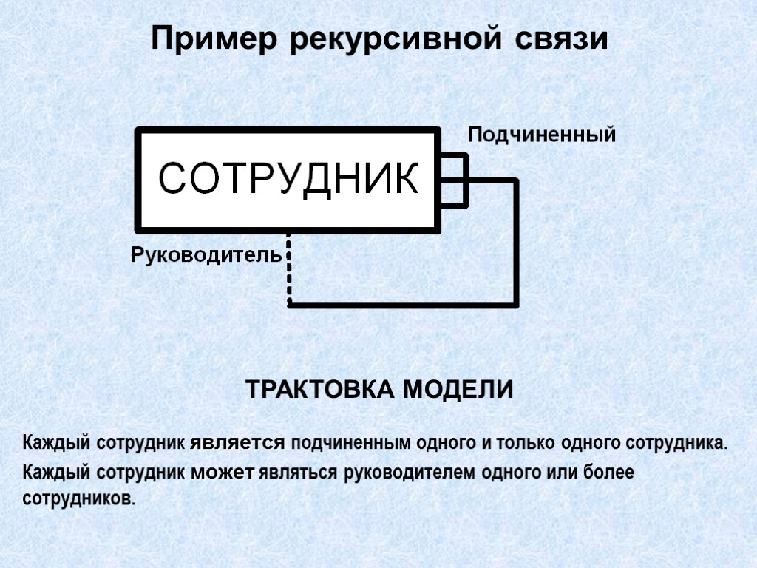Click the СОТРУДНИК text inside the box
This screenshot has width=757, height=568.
tap(289, 178)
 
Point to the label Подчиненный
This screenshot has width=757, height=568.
tap(541, 135)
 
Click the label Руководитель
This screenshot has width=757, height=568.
tap(206, 256)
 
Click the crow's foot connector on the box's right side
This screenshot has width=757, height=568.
tap(455, 180)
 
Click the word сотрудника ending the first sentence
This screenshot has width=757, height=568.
tap(677, 444)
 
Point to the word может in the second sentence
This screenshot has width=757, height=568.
tap(222, 472)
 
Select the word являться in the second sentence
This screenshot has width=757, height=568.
tap(299, 472)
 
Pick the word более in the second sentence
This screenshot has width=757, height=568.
tap(609, 472)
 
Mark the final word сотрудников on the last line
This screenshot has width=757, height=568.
tap(80, 498)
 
